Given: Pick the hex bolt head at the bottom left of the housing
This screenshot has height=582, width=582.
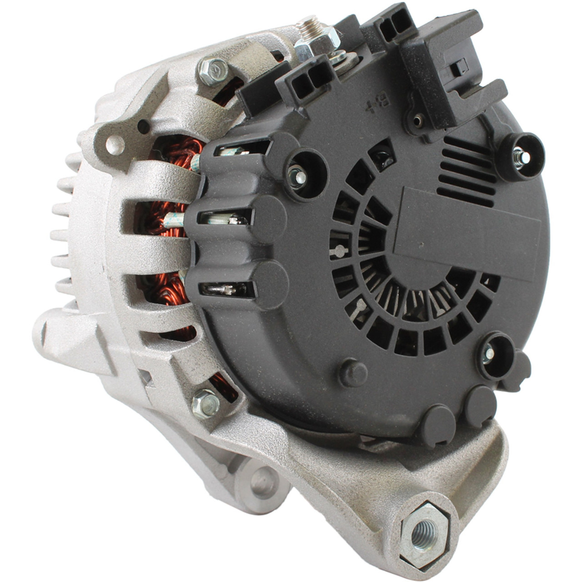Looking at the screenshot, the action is [206, 404].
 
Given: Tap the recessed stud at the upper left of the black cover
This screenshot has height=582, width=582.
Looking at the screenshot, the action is [296, 176].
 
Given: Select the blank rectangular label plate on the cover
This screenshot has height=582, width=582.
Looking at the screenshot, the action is [467, 234].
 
